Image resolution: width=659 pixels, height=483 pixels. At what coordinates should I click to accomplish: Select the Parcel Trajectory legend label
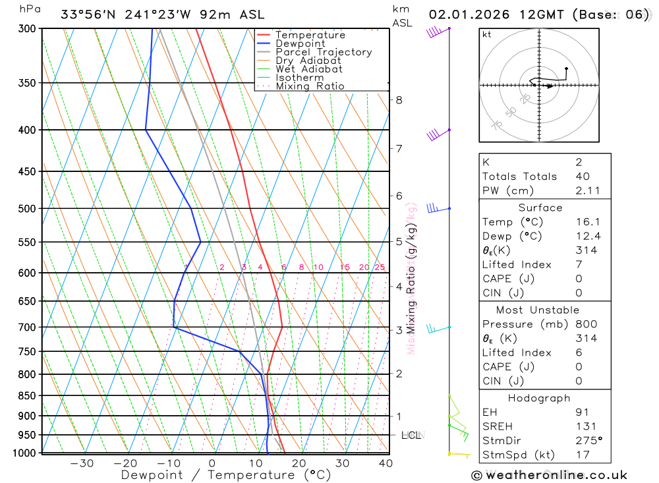[324, 52]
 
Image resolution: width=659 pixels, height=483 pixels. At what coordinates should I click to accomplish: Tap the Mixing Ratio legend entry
[310, 86]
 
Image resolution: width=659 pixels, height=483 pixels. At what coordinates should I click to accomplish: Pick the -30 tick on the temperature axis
[82, 463]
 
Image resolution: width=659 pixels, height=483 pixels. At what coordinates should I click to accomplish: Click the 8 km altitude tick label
[399, 100]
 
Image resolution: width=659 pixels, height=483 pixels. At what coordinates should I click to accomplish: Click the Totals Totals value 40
[583, 177]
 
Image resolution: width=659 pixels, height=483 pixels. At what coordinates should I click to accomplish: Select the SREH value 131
[585, 426]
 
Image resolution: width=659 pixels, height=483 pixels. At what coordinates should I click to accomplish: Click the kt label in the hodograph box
[487, 34]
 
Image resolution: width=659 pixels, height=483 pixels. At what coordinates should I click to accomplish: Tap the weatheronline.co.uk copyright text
[549, 475]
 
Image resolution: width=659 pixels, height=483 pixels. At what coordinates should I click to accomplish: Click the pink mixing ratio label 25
[380, 267]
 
